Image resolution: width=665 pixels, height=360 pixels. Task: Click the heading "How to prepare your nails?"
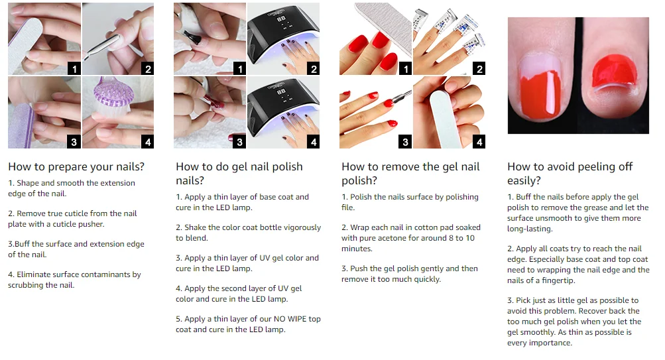click(x=76, y=166)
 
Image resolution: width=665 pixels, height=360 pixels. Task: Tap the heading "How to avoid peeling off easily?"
click(x=570, y=174)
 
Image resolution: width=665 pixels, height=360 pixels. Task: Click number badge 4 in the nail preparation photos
click(x=147, y=142)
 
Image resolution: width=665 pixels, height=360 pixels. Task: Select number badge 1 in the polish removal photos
click(x=406, y=68)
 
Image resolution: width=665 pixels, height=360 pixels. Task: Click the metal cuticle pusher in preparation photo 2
click(x=102, y=47)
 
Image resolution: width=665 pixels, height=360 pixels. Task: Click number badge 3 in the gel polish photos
click(x=239, y=142)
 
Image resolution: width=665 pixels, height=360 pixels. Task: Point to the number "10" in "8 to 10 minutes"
click(x=470, y=238)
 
